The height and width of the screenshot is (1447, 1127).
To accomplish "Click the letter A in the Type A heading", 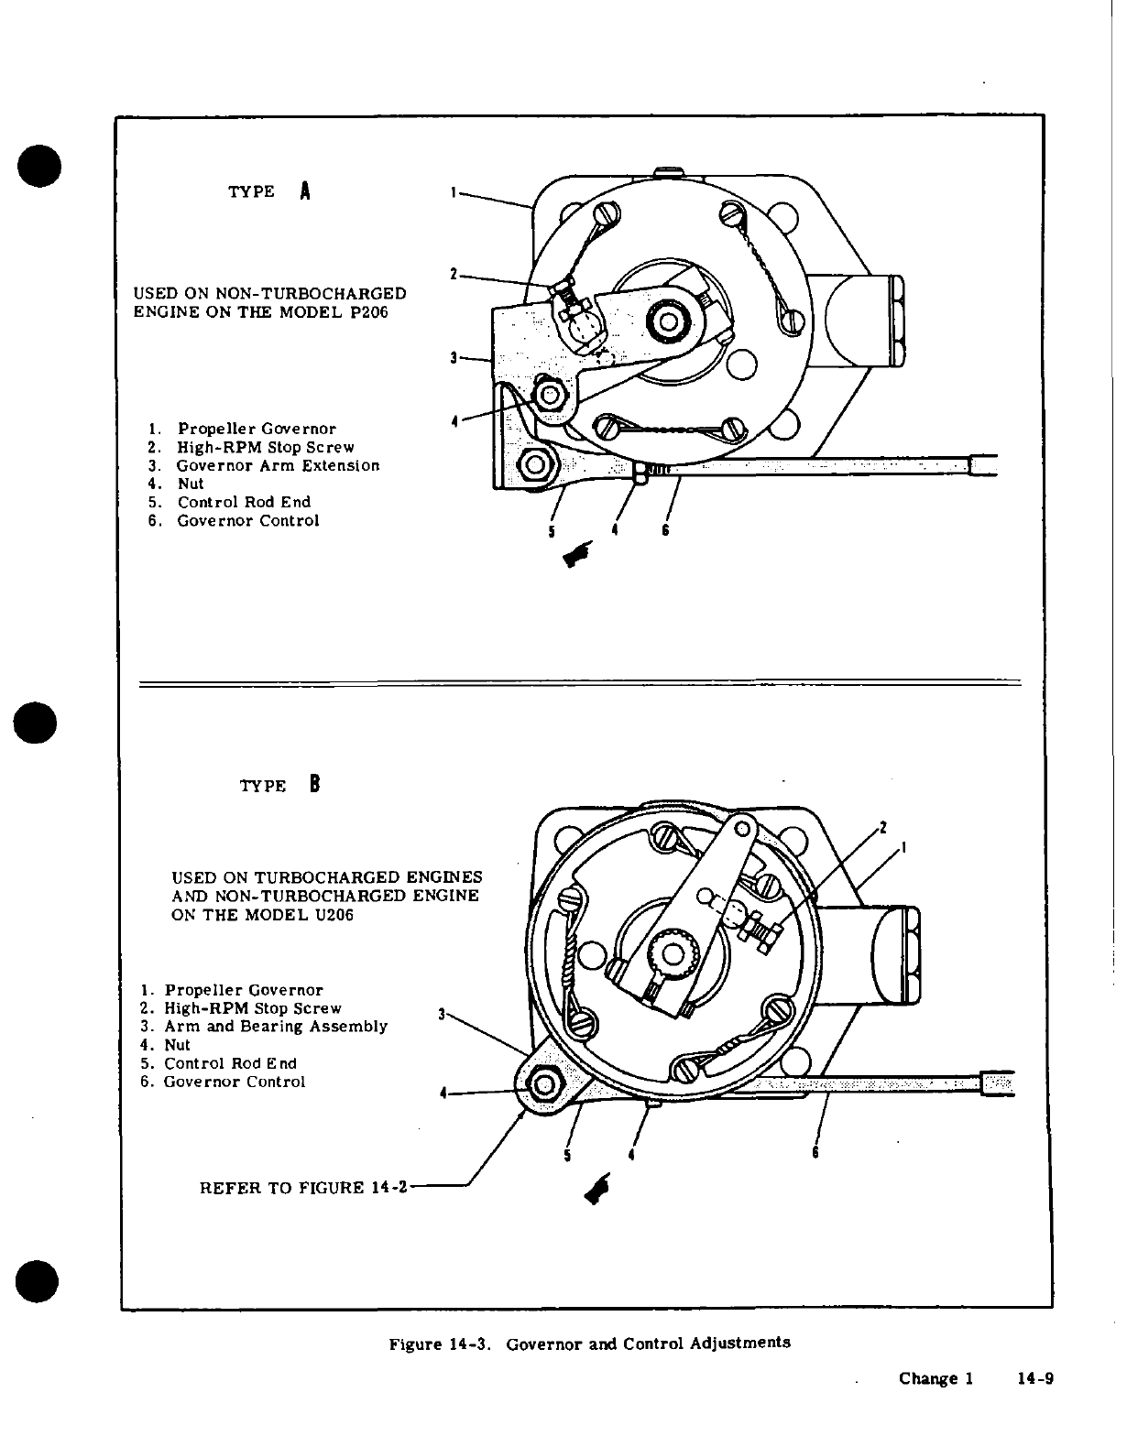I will pyautogui.click(x=305, y=191).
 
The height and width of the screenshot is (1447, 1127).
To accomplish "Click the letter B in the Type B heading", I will pyautogui.click(x=314, y=785).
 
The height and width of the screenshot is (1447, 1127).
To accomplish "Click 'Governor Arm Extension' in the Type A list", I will pyautogui.click(x=279, y=465).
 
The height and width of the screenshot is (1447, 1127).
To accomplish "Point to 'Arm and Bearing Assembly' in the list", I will pyautogui.click(x=276, y=1027).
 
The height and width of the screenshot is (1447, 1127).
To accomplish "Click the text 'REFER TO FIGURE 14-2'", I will pyautogui.click(x=302, y=1188).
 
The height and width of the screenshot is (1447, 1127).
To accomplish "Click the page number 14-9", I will pyautogui.click(x=1036, y=1378).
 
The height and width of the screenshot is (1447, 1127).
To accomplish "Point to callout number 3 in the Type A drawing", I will pyautogui.click(x=454, y=358).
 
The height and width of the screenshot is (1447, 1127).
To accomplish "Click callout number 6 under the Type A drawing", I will pyautogui.click(x=666, y=530).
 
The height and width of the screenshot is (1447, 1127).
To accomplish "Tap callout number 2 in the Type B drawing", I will pyautogui.click(x=883, y=828).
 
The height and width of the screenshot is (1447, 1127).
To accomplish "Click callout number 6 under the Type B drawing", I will pyautogui.click(x=815, y=1153).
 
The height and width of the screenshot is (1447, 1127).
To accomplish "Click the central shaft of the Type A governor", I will pyautogui.click(x=666, y=322).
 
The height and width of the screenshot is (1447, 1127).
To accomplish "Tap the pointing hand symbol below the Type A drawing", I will pyautogui.click(x=580, y=554).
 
